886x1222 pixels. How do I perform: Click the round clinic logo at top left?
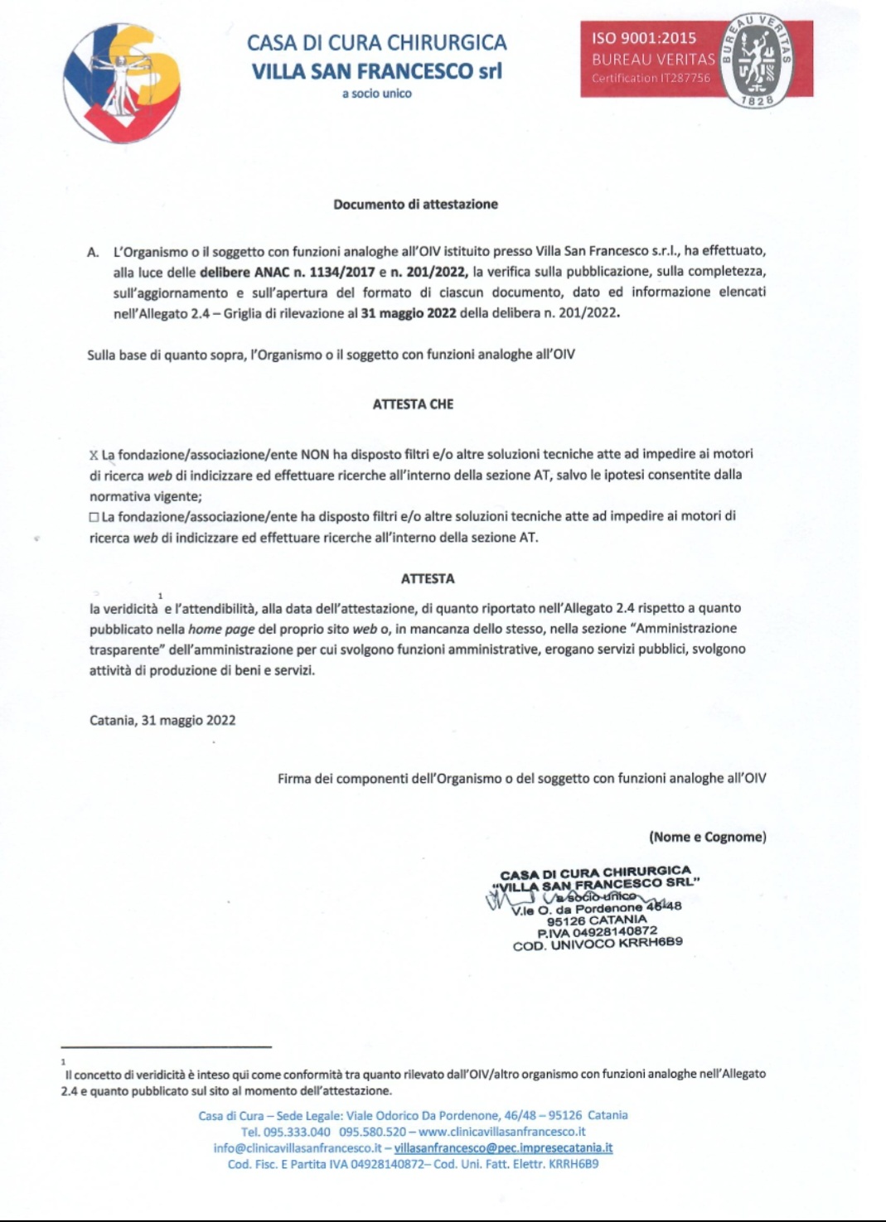coord(121,82)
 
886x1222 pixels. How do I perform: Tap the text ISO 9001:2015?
coord(644,38)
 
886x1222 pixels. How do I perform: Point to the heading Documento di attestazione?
coord(415,205)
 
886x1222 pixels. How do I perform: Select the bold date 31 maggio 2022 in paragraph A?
coord(409,313)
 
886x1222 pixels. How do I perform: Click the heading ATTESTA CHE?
coord(413,404)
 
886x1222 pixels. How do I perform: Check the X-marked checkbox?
coord(94,455)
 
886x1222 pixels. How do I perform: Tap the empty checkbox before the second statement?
coord(94,517)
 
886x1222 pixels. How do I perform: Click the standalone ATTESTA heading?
coord(428,578)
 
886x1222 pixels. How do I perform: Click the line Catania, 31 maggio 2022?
coord(162,721)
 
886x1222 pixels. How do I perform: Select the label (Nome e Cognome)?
coord(707,837)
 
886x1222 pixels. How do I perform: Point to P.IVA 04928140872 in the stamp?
coord(597,931)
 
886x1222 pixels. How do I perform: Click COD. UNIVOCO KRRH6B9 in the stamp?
coord(598,944)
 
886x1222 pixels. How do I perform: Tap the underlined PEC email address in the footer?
coord(503,1148)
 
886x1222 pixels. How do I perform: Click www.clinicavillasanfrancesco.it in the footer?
coord(502,1132)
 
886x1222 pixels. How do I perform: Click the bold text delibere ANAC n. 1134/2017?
coord(288,272)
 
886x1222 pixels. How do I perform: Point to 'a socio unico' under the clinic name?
coord(377,94)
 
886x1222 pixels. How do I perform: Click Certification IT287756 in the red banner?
coord(651,78)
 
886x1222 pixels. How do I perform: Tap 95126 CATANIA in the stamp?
coord(597,920)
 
